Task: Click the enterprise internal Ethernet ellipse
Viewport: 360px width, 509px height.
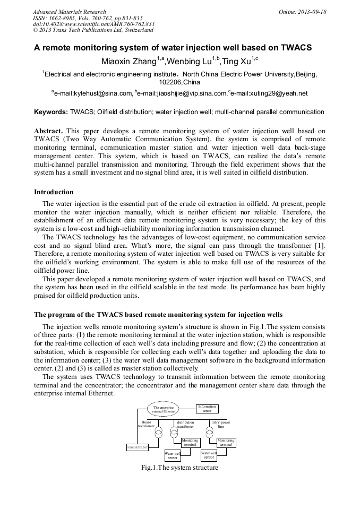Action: [162, 409]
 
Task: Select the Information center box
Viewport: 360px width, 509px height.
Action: [207, 409]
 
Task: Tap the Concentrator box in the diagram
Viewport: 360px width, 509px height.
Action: [137, 447]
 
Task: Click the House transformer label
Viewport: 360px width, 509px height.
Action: [146, 424]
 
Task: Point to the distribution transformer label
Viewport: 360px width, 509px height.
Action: [185, 424]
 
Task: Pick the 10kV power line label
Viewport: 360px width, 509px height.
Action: [221, 424]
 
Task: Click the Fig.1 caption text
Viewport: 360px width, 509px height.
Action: [179, 468]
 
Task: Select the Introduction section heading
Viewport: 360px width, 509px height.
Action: [54, 192]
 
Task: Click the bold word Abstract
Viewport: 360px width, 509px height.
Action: [48, 131]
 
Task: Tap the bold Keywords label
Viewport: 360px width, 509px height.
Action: [50, 112]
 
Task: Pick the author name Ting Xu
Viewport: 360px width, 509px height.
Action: [236, 62]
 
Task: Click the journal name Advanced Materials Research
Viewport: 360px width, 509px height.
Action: [69, 12]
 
